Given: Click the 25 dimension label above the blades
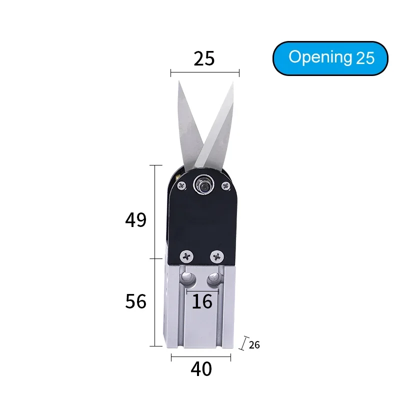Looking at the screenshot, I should pos(204,58).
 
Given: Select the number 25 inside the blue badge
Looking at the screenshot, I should pos(365,58).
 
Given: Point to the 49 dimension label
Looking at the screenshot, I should pos(135,220).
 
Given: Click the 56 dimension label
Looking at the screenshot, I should pos(135,302).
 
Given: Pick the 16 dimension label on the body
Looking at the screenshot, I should pos(202,301).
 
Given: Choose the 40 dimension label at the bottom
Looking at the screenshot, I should pos(201,369).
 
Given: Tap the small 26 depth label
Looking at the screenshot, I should pos(254,345).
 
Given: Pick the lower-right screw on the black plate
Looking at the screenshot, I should pos(217,256).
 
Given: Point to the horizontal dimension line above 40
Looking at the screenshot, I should pos(201,357).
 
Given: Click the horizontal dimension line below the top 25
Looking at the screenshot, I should pos(204,73).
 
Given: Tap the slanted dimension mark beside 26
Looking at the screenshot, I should pos(244,343).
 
